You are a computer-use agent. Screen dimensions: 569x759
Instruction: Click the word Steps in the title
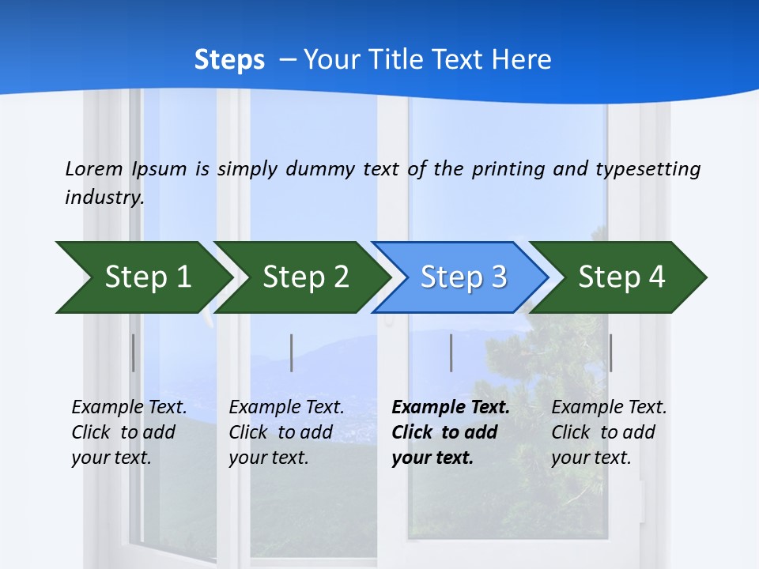tap(229, 60)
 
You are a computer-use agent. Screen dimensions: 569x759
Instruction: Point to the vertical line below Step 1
tap(134, 352)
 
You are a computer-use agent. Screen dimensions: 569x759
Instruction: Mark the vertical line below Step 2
tap(292, 352)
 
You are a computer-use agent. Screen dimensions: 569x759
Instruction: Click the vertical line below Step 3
tap(451, 352)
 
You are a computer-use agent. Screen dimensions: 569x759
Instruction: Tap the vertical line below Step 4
tap(610, 352)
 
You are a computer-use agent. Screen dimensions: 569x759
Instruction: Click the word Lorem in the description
tap(93, 169)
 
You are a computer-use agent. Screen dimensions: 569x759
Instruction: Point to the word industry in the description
tap(104, 198)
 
